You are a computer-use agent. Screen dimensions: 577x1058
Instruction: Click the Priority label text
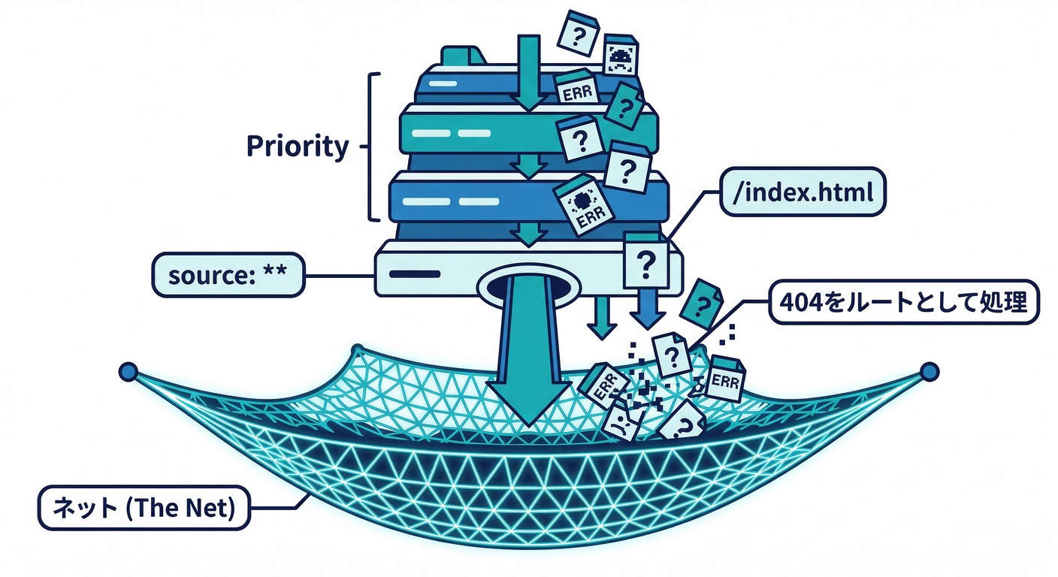(298, 147)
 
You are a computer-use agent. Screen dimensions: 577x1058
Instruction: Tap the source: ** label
(228, 276)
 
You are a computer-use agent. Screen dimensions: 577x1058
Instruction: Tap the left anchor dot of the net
(128, 371)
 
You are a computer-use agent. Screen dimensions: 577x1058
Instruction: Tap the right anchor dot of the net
(930, 370)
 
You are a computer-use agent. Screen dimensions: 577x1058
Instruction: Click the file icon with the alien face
(621, 55)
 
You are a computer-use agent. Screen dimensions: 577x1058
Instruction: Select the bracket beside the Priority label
(373, 147)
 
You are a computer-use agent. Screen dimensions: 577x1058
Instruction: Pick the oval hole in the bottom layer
(530, 287)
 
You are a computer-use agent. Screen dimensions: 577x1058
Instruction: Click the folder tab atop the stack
(464, 56)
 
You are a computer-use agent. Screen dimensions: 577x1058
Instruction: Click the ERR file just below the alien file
(576, 92)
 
